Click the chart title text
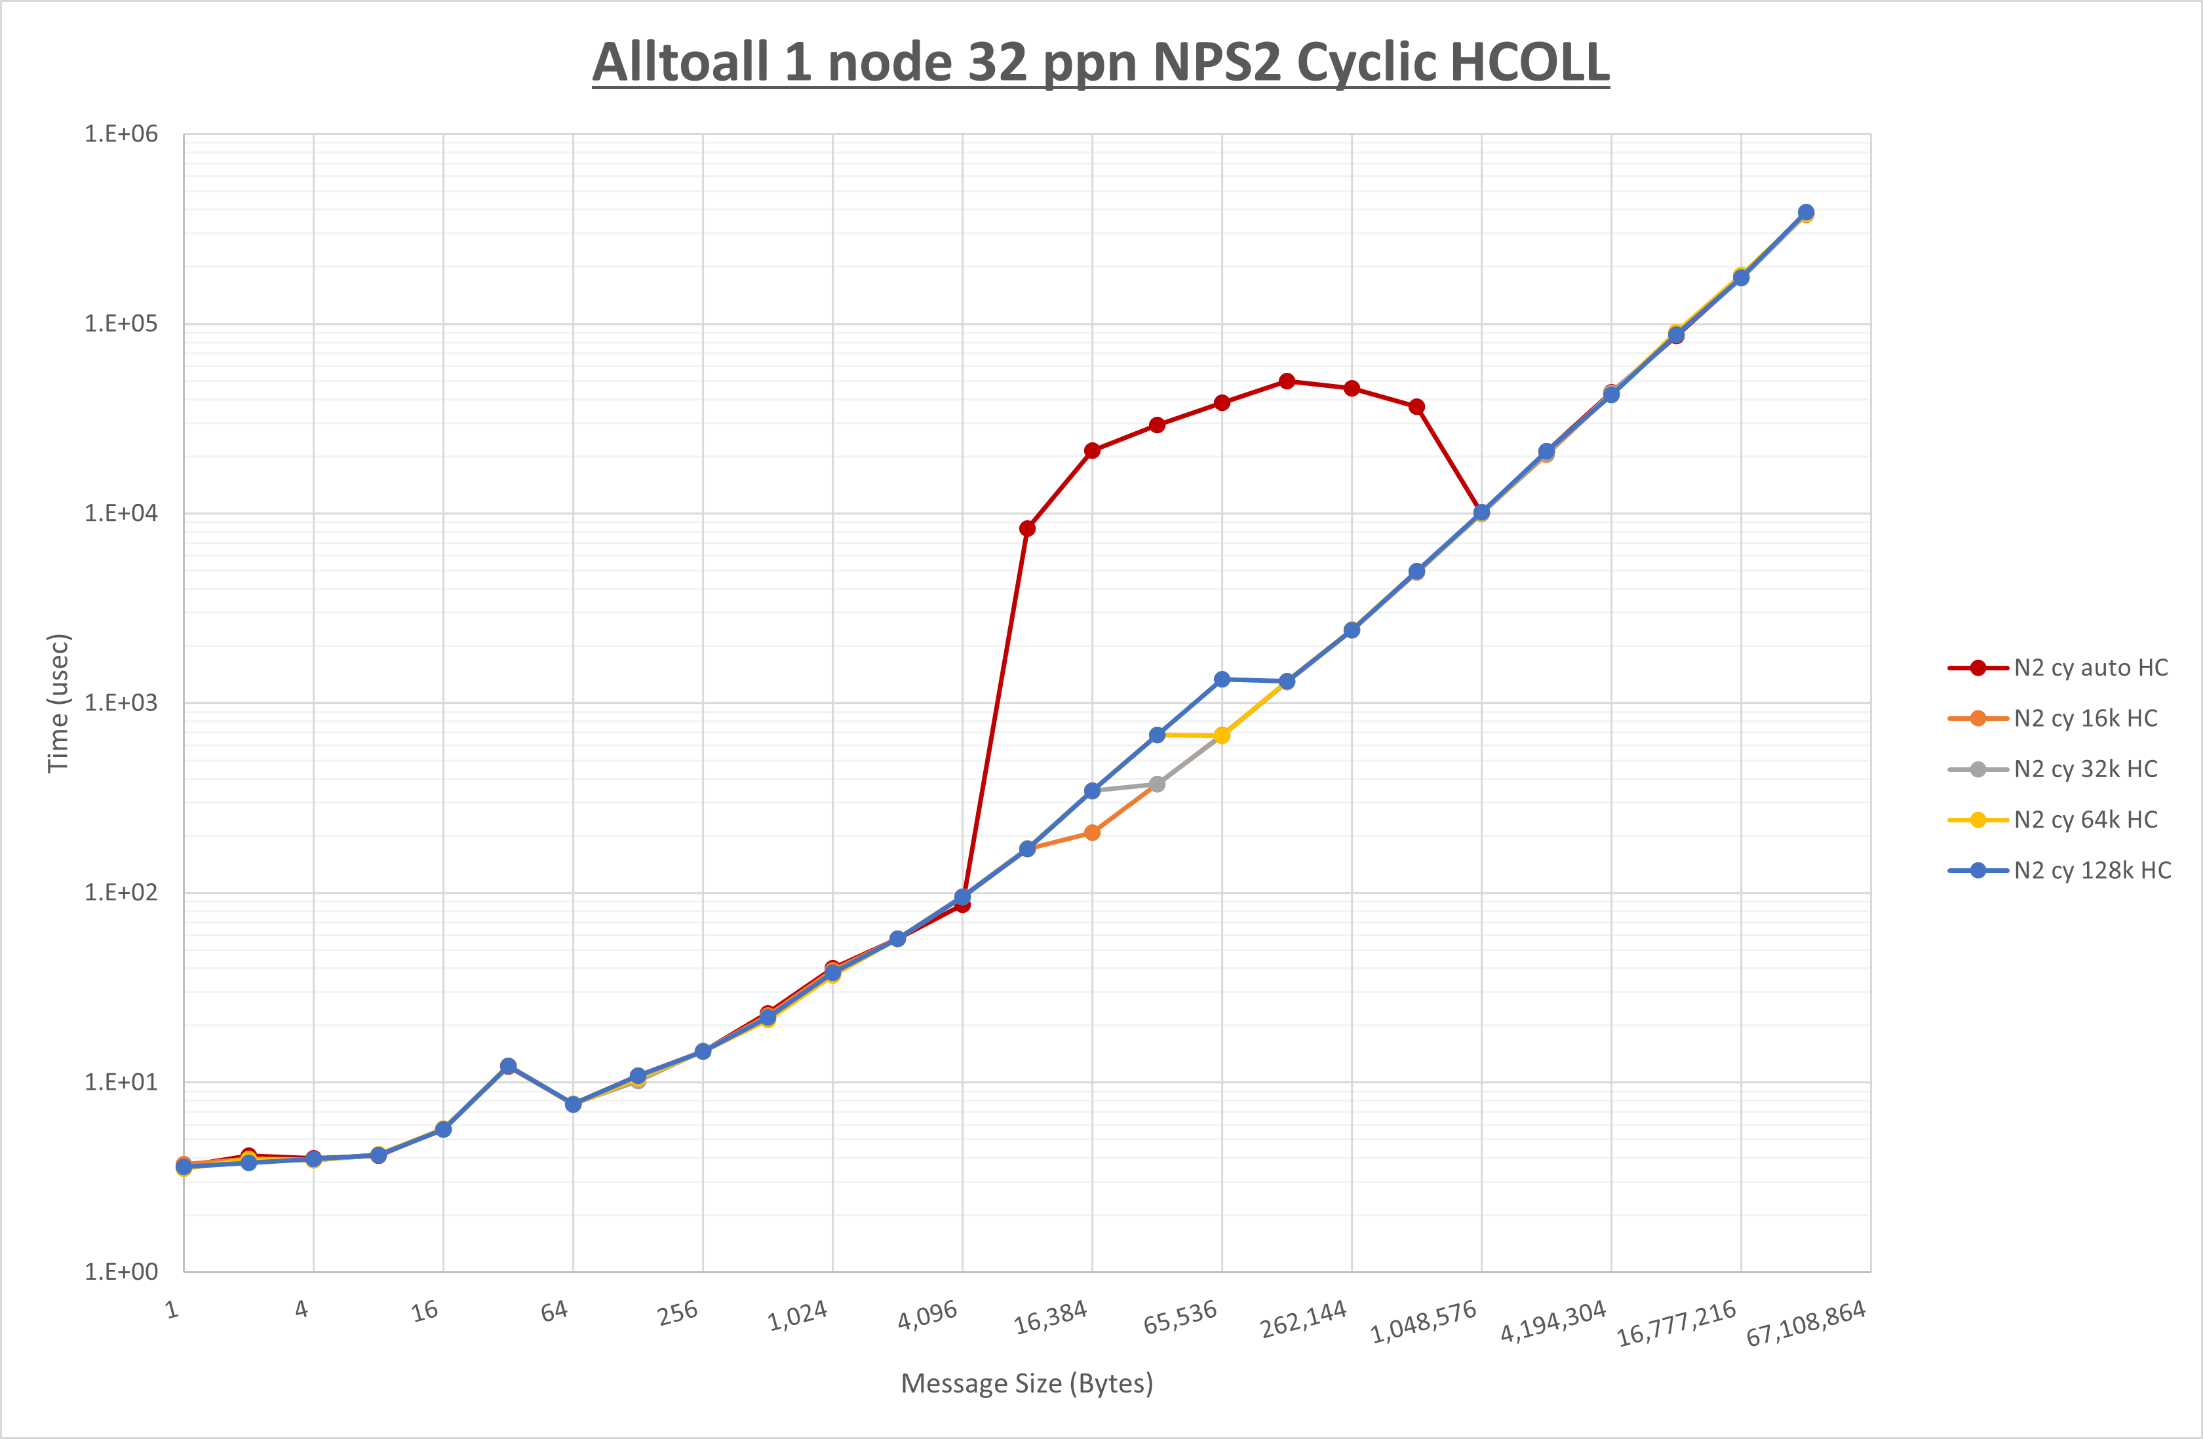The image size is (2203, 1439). click(x=1101, y=63)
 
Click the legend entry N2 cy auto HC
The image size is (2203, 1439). click(x=2090, y=668)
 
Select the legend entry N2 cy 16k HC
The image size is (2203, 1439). click(x=2084, y=719)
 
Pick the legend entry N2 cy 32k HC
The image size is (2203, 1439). click(x=2084, y=769)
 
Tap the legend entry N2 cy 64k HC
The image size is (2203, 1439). click(x=2084, y=820)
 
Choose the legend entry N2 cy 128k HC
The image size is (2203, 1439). click(x=2092, y=871)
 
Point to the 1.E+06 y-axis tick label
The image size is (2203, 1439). click(x=121, y=134)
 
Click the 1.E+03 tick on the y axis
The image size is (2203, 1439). click(x=121, y=703)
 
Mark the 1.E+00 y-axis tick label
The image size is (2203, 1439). click(x=121, y=1271)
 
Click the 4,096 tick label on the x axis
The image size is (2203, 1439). click(x=927, y=1315)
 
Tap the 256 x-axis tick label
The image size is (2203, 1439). click(x=678, y=1313)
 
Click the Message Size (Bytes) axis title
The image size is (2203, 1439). click(x=1026, y=1383)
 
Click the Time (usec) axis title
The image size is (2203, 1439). click(x=58, y=703)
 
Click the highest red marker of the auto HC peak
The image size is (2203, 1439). click(x=1287, y=381)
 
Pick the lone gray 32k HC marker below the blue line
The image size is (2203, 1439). click(x=1157, y=784)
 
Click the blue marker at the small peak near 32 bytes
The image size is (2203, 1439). click(x=508, y=1066)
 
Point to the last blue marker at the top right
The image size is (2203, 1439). click(x=1805, y=212)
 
